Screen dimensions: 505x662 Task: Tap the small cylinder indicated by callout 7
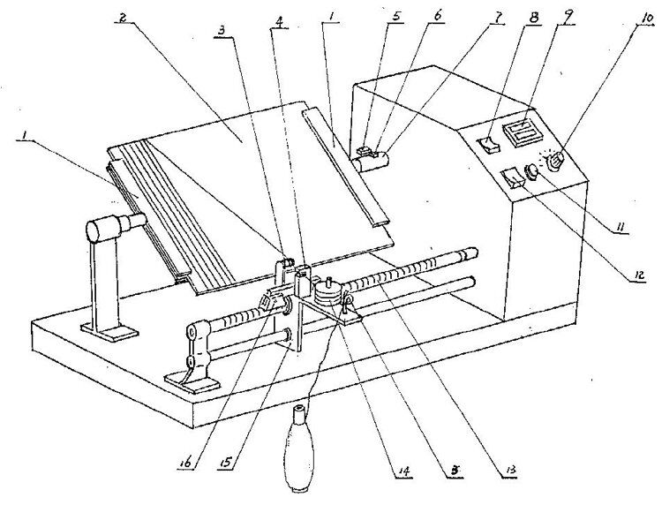pos(373,161)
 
